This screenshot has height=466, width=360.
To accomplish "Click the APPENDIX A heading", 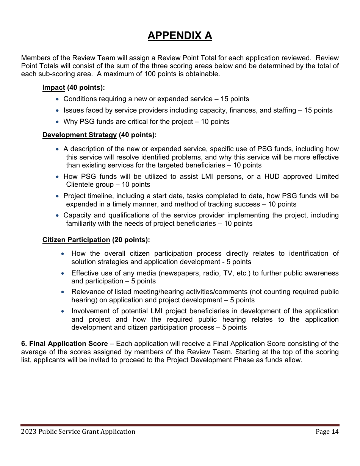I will pos(180,36).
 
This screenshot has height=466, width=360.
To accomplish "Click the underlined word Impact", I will pos(53,88).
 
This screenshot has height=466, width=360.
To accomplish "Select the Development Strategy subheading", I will pos(79,135).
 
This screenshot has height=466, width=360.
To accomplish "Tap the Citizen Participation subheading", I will pos(76,240).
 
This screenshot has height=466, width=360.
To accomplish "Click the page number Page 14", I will pos(327,432).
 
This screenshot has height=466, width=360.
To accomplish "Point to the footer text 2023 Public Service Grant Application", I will pos(78,432).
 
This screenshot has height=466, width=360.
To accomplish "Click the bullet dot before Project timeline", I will pos(57,196).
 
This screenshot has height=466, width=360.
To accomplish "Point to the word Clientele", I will pos(80,185).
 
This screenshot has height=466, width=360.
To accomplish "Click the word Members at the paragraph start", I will pos(34,58).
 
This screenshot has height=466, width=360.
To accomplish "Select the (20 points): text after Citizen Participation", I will pos(131,240).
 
